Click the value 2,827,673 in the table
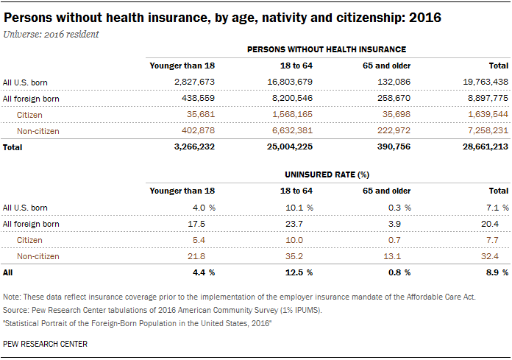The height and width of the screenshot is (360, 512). point(194,82)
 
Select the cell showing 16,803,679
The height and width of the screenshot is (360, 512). point(290,82)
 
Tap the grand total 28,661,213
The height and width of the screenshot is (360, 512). point(486,147)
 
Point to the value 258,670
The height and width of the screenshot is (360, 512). point(394,98)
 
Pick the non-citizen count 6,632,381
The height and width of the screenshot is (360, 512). point(292,130)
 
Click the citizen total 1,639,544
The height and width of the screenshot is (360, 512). point(488,114)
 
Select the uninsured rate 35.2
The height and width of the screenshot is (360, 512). point(294,256)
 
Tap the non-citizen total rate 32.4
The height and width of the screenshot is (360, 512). point(489,256)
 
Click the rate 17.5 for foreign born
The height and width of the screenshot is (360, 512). point(196,224)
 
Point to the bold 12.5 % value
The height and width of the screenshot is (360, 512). point(299,272)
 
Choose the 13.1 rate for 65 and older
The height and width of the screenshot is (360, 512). point(392,256)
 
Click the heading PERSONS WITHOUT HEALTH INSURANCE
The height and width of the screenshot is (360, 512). point(327,49)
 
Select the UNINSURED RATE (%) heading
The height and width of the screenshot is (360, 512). point(327,174)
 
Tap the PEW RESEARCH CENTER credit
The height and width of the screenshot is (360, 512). point(45,344)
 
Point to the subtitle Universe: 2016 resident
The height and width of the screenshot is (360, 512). point(51,35)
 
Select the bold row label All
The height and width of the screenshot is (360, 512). point(7,272)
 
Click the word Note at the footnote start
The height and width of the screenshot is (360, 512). point(12,297)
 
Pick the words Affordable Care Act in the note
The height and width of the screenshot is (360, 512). point(441,297)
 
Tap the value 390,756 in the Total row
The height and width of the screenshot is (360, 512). point(394,147)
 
